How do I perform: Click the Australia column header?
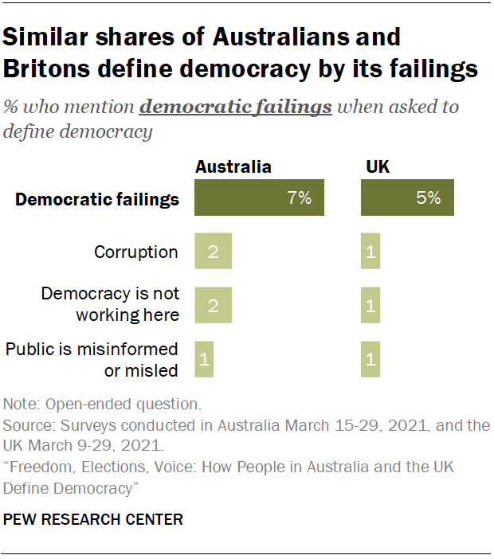pos(233,167)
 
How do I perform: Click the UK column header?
pos(378,167)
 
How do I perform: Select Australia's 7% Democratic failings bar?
pos(260,198)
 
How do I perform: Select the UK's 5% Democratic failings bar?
pos(407,198)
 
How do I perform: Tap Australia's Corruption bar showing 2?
pos(213,252)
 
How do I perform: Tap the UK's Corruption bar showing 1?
pos(370,252)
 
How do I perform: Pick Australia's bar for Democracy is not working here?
pos(213,305)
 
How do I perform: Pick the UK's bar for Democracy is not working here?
pos(370,305)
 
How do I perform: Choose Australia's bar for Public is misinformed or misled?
pos(204,359)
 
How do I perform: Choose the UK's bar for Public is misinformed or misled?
pos(370,359)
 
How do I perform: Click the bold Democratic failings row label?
pos(97,199)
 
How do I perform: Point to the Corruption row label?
pos(135,252)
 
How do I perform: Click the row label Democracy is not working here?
pos(110,304)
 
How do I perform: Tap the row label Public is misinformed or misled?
pos(92,359)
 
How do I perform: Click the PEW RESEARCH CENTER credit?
pos(93,520)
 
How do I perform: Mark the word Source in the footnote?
pos(25,425)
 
